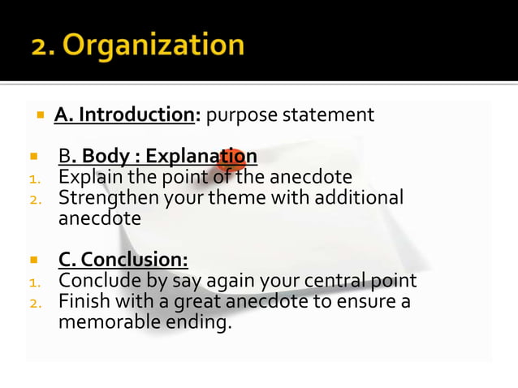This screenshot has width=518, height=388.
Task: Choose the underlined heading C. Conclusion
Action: [x=123, y=260]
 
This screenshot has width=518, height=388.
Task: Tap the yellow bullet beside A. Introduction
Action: [x=39, y=115]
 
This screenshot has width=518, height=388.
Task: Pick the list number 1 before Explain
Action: [x=34, y=178]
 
